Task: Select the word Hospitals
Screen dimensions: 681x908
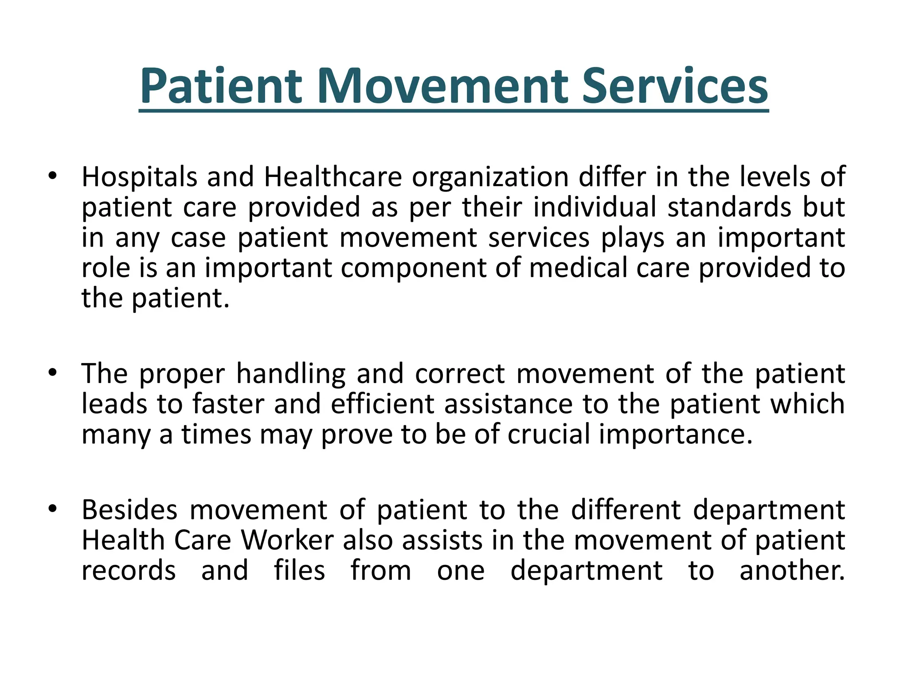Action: (139, 177)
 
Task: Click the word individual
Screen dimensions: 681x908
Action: (595, 207)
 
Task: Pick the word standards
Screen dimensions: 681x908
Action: (729, 207)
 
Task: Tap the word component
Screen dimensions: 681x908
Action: (413, 269)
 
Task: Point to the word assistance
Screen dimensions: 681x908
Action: (509, 404)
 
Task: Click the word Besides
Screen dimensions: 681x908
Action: (129, 510)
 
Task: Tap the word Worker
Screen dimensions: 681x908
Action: (287, 540)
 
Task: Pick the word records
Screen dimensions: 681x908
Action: (129, 571)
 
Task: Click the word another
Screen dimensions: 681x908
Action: (792, 571)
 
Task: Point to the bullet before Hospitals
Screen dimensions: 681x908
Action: (53, 176)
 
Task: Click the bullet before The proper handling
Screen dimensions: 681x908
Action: (53, 373)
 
